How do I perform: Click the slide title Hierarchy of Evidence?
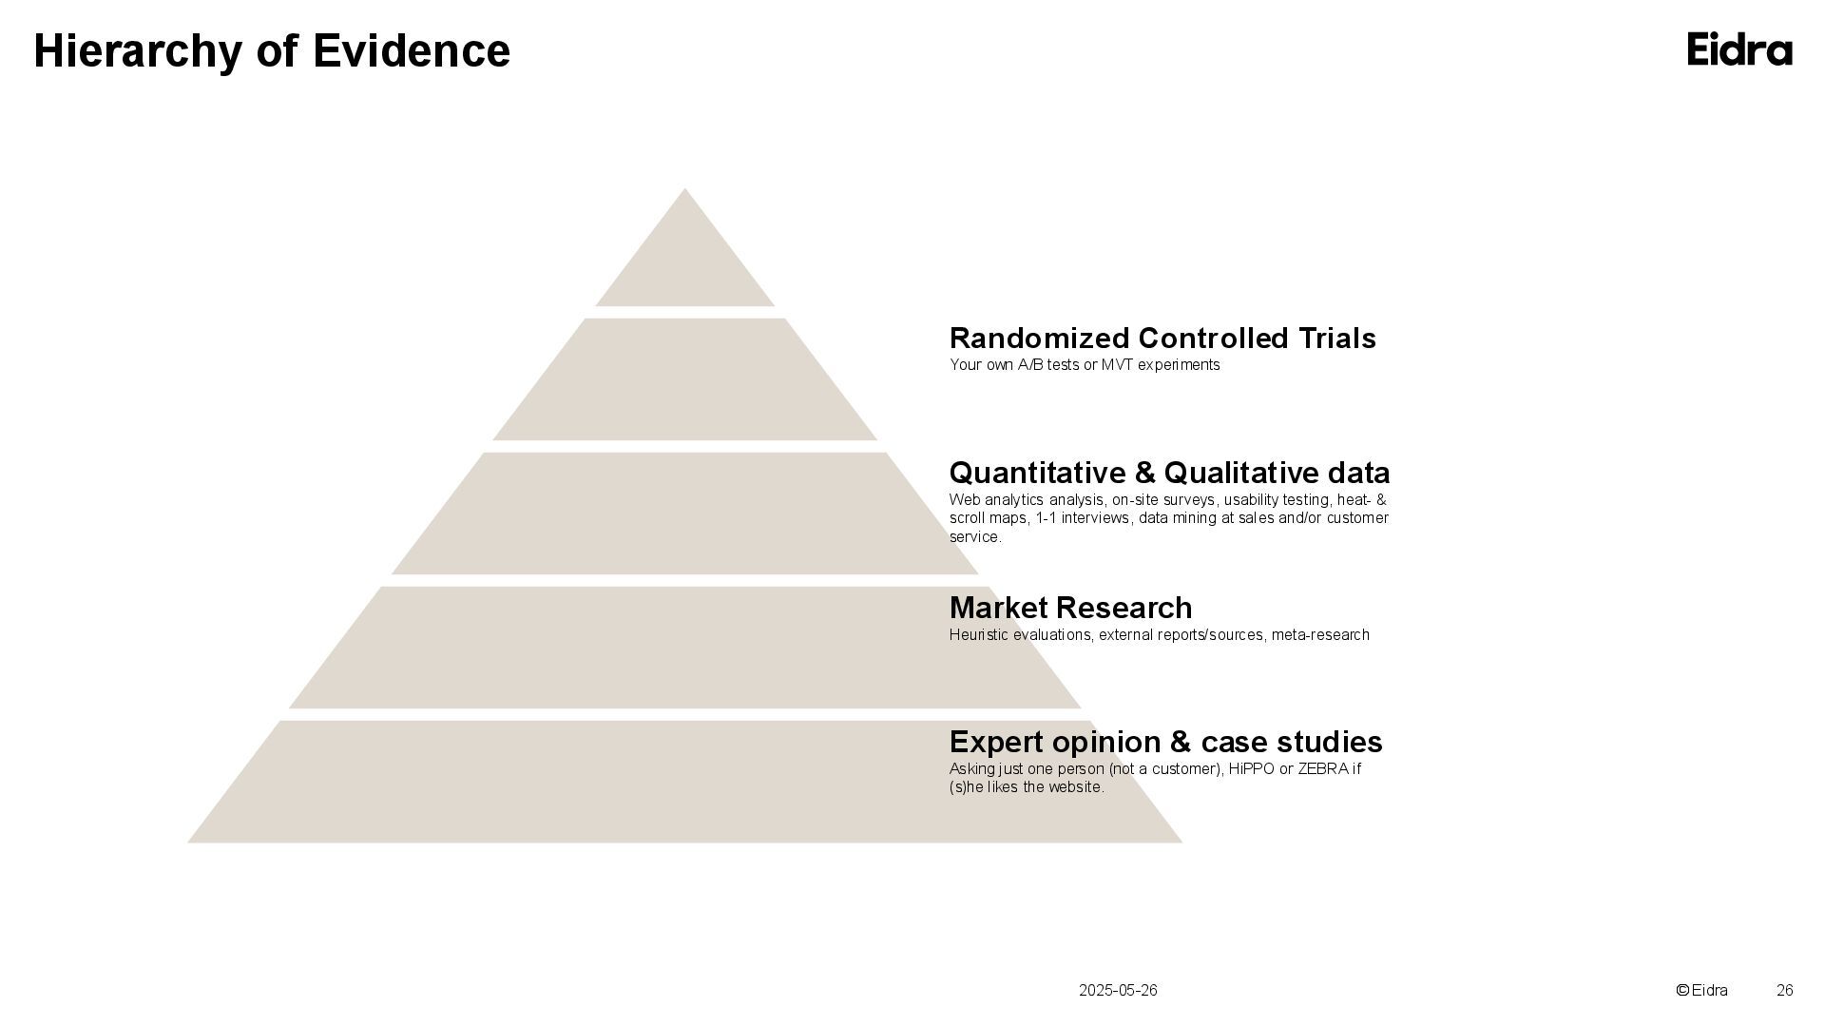pyautogui.click(x=272, y=51)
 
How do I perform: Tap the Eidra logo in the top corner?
pyautogui.click(x=1739, y=49)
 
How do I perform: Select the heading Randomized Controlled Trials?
pyautogui.click(x=1162, y=339)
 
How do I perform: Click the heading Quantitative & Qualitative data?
pyautogui.click(x=1169, y=474)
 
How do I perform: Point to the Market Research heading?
pyautogui.click(x=1070, y=609)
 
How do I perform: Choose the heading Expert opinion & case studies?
pyautogui.click(x=1165, y=743)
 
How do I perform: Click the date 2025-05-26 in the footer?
pyautogui.click(x=1118, y=991)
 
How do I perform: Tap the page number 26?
pyautogui.click(x=1784, y=991)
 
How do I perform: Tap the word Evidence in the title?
pyautogui.click(x=412, y=51)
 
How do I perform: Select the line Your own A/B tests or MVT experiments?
pyautogui.click(x=1084, y=365)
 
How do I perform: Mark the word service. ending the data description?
pyautogui.click(x=975, y=537)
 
